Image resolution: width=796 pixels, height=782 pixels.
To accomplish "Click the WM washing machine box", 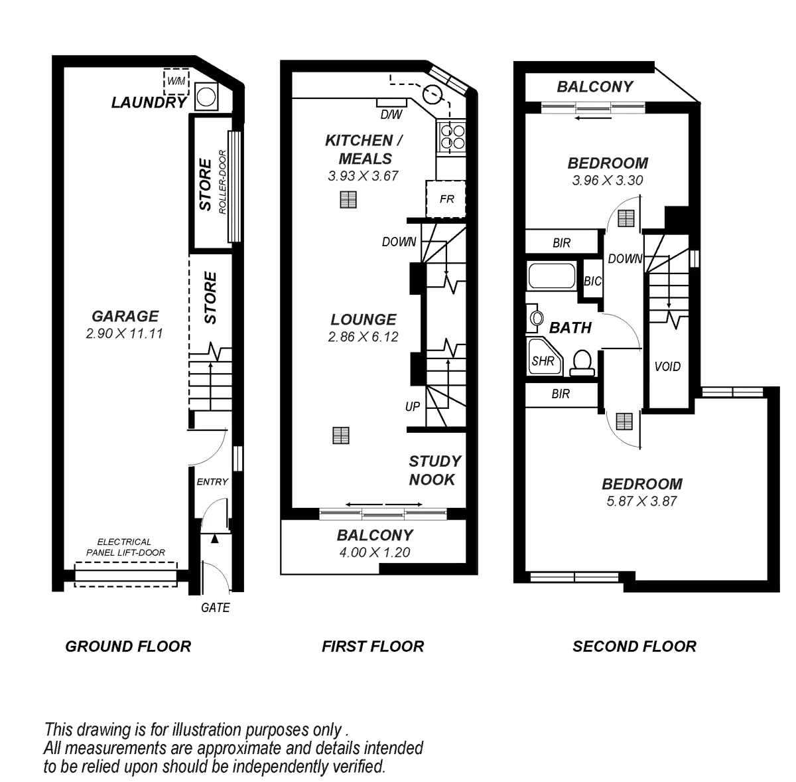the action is [176, 81].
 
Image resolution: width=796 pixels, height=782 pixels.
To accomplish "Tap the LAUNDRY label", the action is [149, 102].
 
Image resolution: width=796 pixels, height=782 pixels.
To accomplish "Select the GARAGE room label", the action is [125, 316].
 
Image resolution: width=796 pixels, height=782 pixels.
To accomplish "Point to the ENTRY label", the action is [212, 482].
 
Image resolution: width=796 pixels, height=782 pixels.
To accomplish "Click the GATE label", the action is [216, 607].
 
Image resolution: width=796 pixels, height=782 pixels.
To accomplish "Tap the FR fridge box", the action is [446, 198].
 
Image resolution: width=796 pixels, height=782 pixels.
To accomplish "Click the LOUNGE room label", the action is [364, 320].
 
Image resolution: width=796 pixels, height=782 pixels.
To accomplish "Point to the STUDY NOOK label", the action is [434, 470].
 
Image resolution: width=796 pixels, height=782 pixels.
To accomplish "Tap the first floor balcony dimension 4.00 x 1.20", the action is [375, 552].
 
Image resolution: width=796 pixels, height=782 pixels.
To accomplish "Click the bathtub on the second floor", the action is [552, 275].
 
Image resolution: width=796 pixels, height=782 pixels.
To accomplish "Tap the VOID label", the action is [667, 366].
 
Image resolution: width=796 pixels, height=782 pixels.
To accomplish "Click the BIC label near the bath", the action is [592, 281].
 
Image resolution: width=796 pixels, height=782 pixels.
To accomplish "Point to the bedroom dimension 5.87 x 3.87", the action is [641, 502].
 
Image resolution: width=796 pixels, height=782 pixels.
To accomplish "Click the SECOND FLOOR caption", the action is [635, 646].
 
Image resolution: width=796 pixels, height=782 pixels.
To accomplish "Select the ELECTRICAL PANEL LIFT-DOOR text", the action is [124, 547].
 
